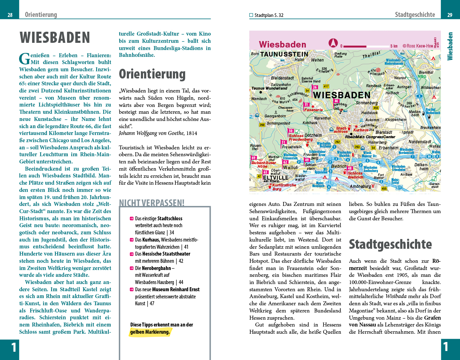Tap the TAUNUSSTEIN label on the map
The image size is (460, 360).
[x=284, y=54]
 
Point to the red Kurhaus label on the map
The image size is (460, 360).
[x=361, y=130]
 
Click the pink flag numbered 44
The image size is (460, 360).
[x=336, y=101]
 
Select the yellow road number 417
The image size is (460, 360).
[x=326, y=86]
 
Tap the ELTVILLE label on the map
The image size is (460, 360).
[x=276, y=177]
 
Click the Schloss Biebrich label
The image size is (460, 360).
[x=356, y=175]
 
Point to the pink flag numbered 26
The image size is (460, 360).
[x=315, y=87]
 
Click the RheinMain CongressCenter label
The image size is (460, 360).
[x=370, y=137]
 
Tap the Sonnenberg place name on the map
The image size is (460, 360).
[x=367, y=103]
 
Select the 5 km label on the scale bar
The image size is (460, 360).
[x=394, y=46]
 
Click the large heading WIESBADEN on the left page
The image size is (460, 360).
[x=55, y=38]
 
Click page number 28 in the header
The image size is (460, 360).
[x=10, y=15]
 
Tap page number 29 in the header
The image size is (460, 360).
[x=450, y=15]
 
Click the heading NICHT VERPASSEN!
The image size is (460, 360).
[x=152, y=203]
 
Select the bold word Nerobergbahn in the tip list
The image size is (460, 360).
[x=156, y=268]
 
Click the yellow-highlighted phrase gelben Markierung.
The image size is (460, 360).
[x=150, y=332]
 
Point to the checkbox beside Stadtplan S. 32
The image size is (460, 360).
[x=251, y=15]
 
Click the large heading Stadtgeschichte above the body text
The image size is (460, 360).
[x=390, y=244]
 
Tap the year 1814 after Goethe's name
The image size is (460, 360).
[x=192, y=133]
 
